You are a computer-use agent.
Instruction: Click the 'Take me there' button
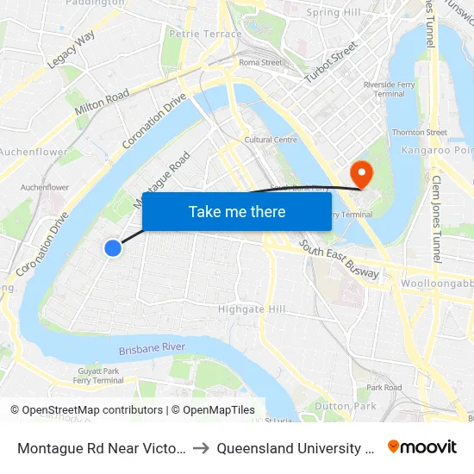pos(237,212)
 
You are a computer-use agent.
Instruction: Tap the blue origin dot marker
pos(113,248)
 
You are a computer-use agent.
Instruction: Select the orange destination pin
pos(362,174)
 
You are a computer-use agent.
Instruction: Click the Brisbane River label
pos(152,347)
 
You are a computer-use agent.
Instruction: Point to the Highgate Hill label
pos(251,309)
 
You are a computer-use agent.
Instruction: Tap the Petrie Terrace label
pos(206,34)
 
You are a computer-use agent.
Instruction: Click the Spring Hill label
pos(334,13)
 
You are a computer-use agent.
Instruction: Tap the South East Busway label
pos(340,259)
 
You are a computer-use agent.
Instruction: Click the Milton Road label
pos(102,103)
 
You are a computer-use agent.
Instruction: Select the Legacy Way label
pos(72,51)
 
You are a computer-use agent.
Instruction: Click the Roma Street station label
pos(260,62)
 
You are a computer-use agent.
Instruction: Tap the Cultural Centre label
pos(271,140)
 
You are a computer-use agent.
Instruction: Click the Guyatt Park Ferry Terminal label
pos(98,375)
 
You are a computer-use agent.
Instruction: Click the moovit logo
pos(422,447)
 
